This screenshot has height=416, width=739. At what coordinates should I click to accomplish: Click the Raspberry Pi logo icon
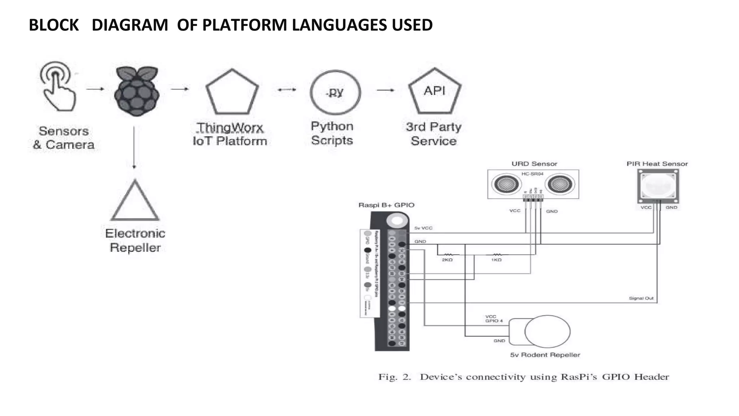click(136, 92)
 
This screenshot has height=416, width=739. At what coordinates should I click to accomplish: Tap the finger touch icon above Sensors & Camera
click(58, 87)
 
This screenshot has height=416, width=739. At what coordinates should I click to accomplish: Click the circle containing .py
click(335, 92)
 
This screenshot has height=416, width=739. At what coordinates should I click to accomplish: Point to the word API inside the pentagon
click(434, 91)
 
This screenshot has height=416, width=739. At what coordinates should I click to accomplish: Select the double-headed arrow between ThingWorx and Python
click(287, 90)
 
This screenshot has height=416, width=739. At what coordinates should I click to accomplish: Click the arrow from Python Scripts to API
click(386, 90)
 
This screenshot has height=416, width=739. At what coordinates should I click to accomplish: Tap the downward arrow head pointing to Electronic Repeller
click(134, 166)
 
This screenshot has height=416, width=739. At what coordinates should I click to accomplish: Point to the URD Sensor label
click(534, 164)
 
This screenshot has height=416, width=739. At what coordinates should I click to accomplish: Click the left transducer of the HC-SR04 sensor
click(506, 184)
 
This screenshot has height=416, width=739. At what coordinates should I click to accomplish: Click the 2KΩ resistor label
click(447, 260)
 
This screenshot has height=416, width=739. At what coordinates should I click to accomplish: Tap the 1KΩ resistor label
click(496, 260)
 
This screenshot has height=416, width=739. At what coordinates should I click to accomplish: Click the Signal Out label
click(641, 298)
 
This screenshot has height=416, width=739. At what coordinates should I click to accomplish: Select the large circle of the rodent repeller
click(547, 331)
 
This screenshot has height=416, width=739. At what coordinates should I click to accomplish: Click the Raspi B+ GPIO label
click(386, 205)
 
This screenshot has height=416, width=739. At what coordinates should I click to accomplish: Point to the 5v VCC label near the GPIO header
click(423, 228)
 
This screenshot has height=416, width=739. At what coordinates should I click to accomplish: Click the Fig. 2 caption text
click(523, 377)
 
